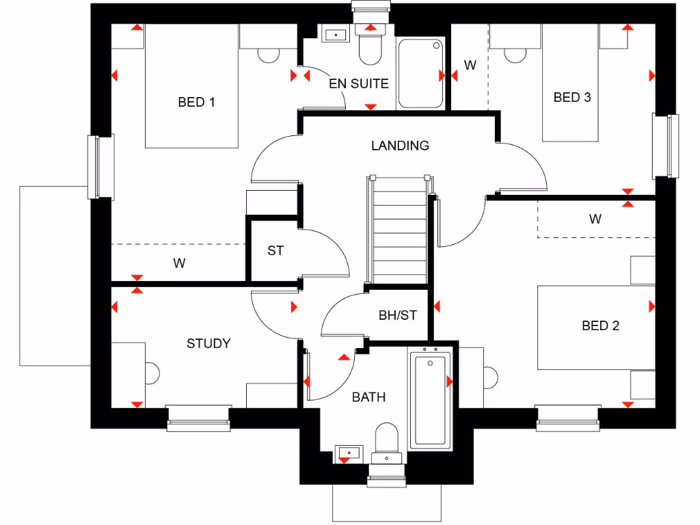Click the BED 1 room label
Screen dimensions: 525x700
pos(196,102)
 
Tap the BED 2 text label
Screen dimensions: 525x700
pos(600,325)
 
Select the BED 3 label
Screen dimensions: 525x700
pos(571,97)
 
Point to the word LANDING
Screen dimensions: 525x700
pos(400,145)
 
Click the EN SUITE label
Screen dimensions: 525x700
pos(358,83)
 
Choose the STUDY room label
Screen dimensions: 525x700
pos(208,343)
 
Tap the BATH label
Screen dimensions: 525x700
pos(368,396)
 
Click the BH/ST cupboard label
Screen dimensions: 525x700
pos(397,315)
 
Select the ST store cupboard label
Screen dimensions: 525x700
pos(275,250)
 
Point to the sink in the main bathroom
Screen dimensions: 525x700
pos(349,453)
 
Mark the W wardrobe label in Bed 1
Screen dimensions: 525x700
pos(179,262)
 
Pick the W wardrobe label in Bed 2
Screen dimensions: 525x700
pos(595,219)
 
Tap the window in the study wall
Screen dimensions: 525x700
pos(198,418)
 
